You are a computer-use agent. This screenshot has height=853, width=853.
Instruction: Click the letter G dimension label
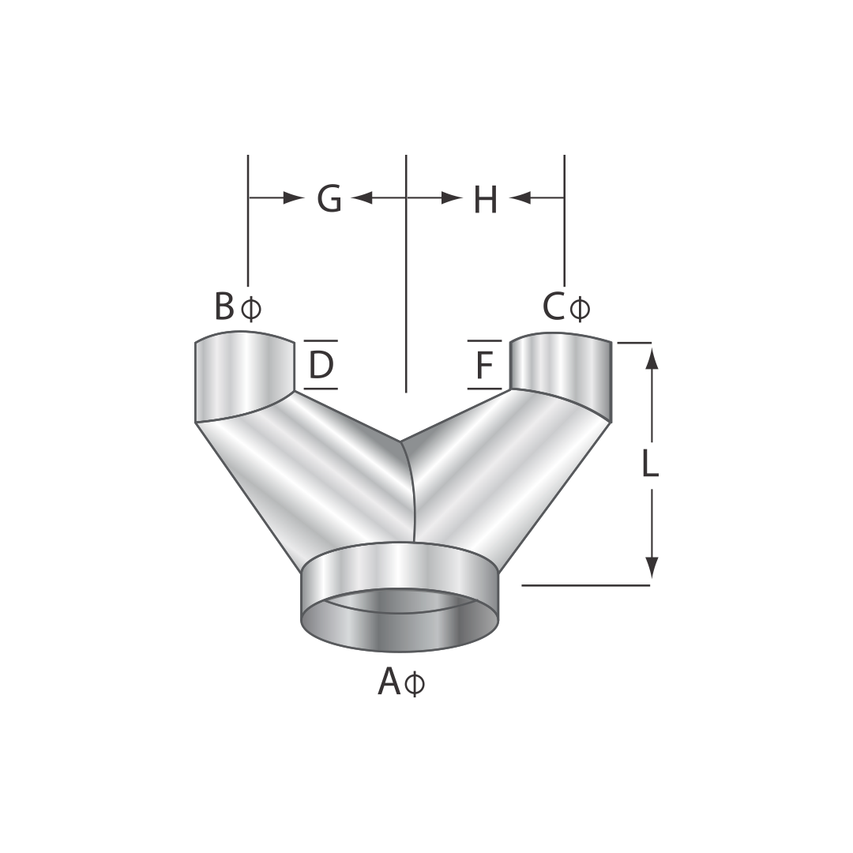coord(329,198)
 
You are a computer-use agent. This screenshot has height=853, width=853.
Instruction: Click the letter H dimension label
coord(485,199)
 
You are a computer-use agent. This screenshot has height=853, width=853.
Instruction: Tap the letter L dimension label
coord(650,464)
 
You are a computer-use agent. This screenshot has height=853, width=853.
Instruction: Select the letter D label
coord(321,364)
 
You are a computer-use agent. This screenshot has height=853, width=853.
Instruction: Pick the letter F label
coord(483,364)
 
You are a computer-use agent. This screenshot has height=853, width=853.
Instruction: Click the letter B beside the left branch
coord(224,306)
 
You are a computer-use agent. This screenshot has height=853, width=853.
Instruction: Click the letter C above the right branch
coord(554,306)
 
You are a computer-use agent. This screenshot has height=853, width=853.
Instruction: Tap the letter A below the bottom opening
coord(389,681)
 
